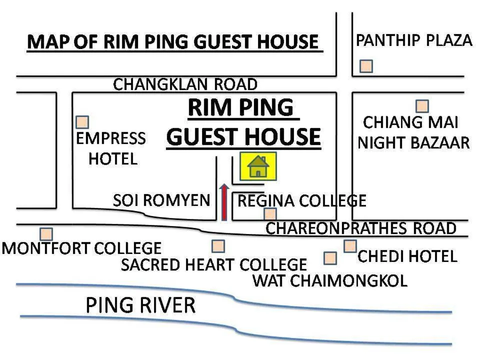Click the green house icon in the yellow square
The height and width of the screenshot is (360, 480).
pyautogui.click(x=258, y=166)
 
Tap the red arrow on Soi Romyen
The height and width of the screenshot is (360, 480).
pyautogui.click(x=224, y=202)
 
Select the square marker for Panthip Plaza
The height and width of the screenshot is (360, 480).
pyautogui.click(x=366, y=66)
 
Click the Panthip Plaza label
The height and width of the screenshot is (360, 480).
pyautogui.click(x=413, y=40)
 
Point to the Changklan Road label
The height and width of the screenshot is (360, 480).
pyautogui.click(x=185, y=84)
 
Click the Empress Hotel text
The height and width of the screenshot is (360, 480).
pyautogui.click(x=111, y=148)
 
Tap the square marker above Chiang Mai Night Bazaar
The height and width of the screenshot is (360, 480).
pyautogui.click(x=422, y=106)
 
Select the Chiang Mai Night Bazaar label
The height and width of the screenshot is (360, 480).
pyautogui.click(x=413, y=132)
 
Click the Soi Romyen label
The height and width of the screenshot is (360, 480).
pyautogui.click(x=161, y=200)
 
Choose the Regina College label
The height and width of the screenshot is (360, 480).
pyautogui.click(x=301, y=201)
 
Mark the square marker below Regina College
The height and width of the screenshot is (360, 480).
pyautogui.click(x=270, y=214)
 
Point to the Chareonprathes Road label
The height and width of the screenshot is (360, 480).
pyautogui.click(x=360, y=228)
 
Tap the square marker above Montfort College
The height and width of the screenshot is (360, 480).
pyautogui.click(x=46, y=233)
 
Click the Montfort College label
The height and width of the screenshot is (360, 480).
pyautogui.click(x=82, y=248)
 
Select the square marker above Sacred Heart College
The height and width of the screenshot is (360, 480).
pyautogui.click(x=218, y=246)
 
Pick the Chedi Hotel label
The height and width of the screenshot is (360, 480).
pyautogui.click(x=407, y=256)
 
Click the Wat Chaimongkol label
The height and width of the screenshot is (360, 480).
pyautogui.click(x=330, y=280)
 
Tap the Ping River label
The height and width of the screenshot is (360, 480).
pyautogui.click(x=140, y=304)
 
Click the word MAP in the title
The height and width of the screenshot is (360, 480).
pyautogui.click(x=47, y=42)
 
